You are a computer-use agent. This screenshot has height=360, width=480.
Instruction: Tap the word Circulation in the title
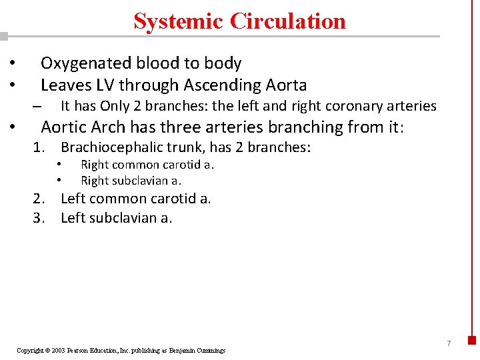[x=288, y=21]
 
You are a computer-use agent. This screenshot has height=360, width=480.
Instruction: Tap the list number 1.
[x=39, y=147]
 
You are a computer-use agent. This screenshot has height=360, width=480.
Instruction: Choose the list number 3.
[x=39, y=217]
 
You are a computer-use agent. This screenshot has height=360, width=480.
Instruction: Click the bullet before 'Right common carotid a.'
[x=59, y=164]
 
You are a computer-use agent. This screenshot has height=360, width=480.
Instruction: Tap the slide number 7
[x=449, y=343]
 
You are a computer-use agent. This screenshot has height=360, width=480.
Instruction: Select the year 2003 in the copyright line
[x=59, y=350]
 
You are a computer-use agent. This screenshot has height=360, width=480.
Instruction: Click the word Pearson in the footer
[x=81, y=350]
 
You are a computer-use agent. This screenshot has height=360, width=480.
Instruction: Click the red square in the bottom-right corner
[x=472, y=339]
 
